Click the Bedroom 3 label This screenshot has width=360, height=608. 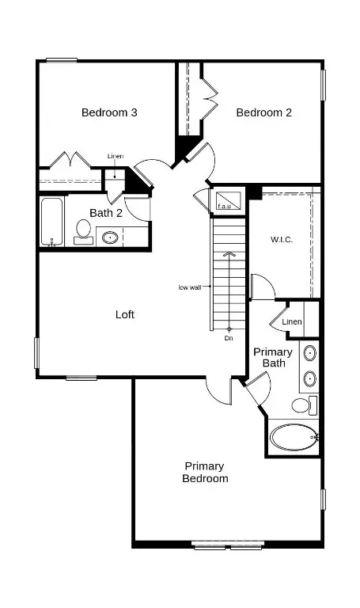tap(109, 112)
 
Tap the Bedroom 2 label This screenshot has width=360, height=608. tap(264, 112)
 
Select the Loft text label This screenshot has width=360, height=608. tap(125, 314)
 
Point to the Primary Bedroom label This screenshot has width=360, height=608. tap(206, 473)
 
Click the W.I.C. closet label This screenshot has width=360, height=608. tap(282, 239)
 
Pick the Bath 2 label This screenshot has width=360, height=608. tap(105, 213)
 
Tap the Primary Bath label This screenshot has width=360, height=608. tap(273, 357)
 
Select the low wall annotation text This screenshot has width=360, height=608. tap(189, 287)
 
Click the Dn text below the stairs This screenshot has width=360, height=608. tap(229, 338)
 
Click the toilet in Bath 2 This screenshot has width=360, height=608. tap(82, 231)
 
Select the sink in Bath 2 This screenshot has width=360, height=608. tap(111, 237)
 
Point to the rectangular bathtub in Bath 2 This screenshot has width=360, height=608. tap(52, 222)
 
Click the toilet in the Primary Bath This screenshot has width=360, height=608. tap(301, 405)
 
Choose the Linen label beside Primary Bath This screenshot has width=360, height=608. tap(292, 321)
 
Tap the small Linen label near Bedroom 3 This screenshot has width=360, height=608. tap(116, 156)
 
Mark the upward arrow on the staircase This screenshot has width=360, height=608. tap(229, 254)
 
